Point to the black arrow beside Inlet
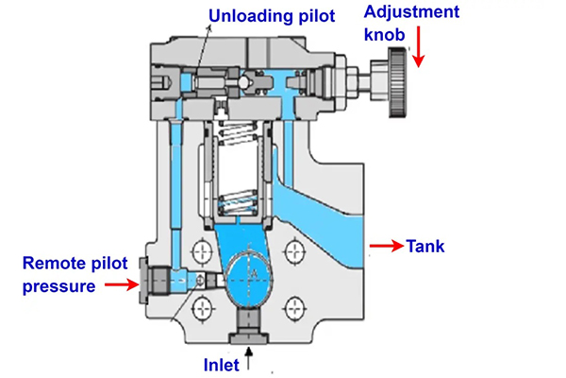[250, 359]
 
